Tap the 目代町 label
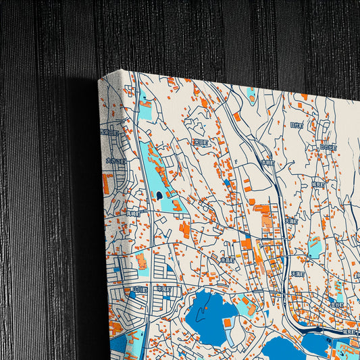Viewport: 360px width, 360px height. pos(297,125)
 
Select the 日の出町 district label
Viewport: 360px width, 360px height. pos(328,147)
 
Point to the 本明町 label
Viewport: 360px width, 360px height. pos(268,163)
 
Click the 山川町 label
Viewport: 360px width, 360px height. pos(140,289)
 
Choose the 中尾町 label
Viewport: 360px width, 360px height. pos(165,289)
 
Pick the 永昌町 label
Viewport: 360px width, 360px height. pos(227,259)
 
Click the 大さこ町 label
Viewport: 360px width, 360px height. pos(115,161)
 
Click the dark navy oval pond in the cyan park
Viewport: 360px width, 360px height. pos(159,195)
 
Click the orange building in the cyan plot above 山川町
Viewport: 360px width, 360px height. pos(141,262)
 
